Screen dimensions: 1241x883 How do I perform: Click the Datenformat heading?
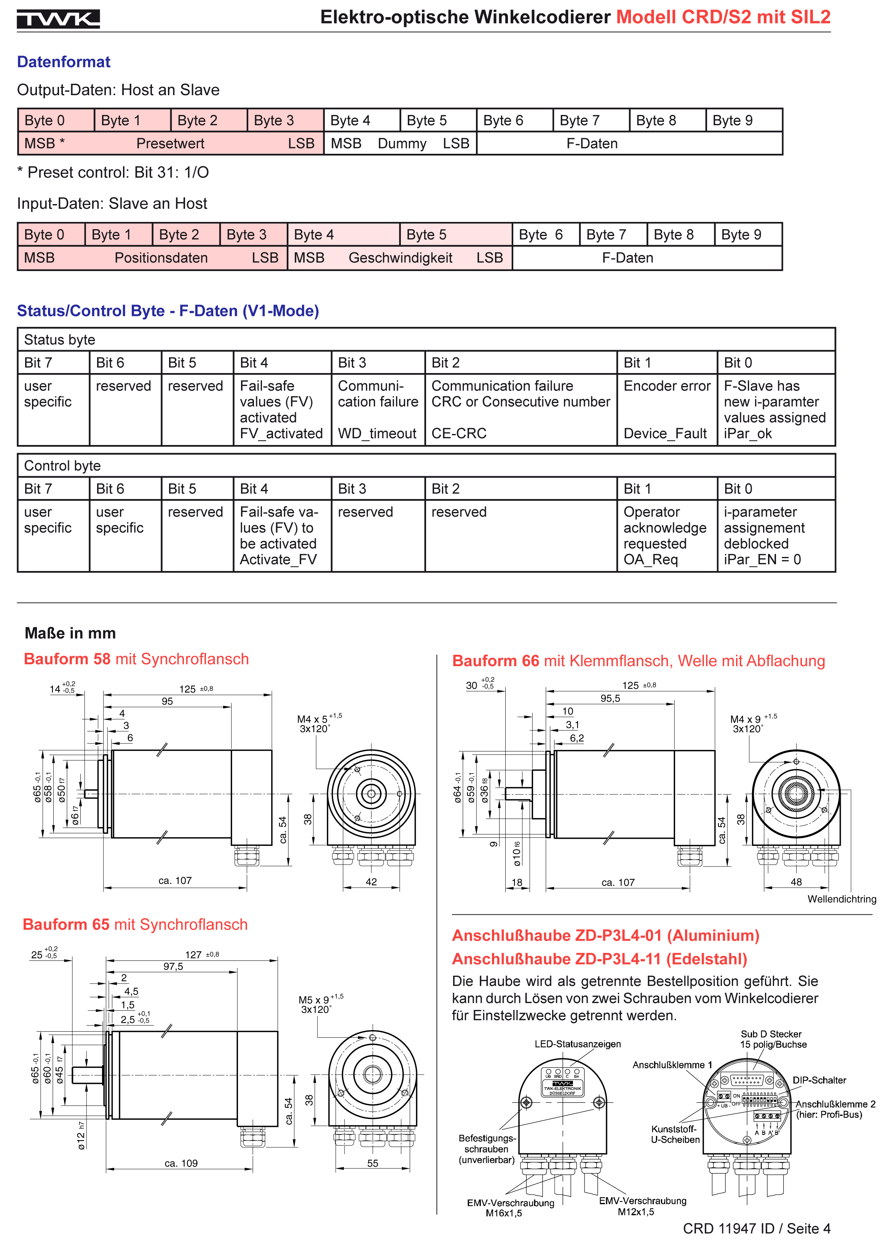(64, 62)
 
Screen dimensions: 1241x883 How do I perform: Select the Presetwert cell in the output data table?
(170, 144)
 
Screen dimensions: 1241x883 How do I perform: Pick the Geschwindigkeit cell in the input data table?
(400, 258)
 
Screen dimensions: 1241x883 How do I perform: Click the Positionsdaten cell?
(161, 258)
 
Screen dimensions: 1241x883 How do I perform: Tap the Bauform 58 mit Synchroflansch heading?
(136, 659)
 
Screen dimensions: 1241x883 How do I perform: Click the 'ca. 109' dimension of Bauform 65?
(181, 1163)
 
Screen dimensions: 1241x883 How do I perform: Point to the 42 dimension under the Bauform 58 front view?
(371, 882)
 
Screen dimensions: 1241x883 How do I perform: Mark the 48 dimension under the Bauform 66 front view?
(796, 882)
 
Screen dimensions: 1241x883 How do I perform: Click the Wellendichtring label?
(841, 899)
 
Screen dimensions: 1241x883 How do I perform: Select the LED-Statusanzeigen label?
(577, 1044)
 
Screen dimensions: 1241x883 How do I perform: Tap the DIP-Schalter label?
(819, 1080)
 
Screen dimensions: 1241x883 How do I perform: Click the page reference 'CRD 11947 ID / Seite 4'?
(756, 1228)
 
